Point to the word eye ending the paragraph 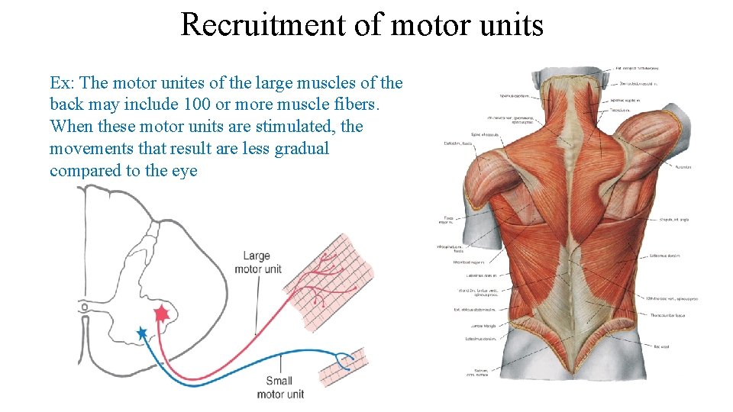(184, 170)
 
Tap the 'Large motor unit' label (258, 262)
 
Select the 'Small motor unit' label (280, 387)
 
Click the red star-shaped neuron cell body (161, 314)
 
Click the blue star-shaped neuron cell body (141, 333)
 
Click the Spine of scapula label (485, 135)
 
